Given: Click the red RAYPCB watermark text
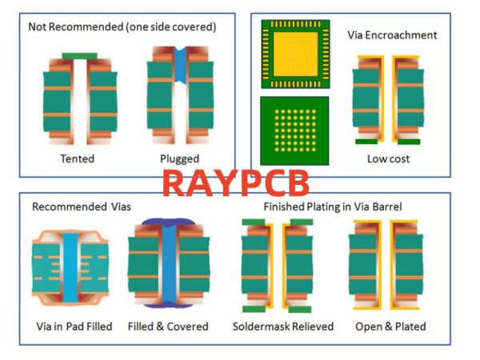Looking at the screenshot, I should pyautogui.click(x=235, y=182).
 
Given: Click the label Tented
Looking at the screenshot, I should pyautogui.click(x=77, y=158).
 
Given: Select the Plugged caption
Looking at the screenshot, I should pyautogui.click(x=179, y=158).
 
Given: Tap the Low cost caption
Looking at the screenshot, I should pyautogui.click(x=388, y=158).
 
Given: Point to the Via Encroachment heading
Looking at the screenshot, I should pyautogui.click(x=392, y=35).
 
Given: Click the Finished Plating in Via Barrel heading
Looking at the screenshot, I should pyautogui.click(x=333, y=206).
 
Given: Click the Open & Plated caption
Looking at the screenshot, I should pyautogui.click(x=389, y=326).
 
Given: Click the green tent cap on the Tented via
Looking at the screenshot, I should pyautogui.click(x=79, y=56).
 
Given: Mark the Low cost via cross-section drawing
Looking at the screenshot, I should pyautogui.click(x=388, y=100).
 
